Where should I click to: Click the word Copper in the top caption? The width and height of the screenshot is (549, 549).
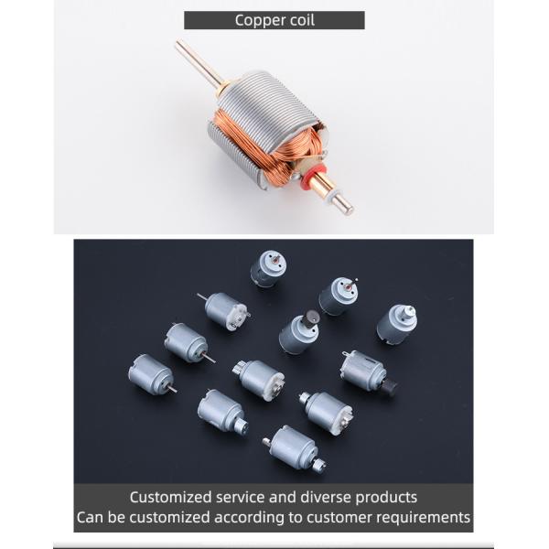[x=259, y=20]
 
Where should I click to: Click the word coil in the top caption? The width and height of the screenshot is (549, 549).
[x=299, y=20]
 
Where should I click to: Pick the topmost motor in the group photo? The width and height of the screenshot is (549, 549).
[x=268, y=268]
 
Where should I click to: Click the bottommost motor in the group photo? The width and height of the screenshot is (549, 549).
[x=293, y=448]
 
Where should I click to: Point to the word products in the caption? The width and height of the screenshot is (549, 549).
[x=385, y=498]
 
